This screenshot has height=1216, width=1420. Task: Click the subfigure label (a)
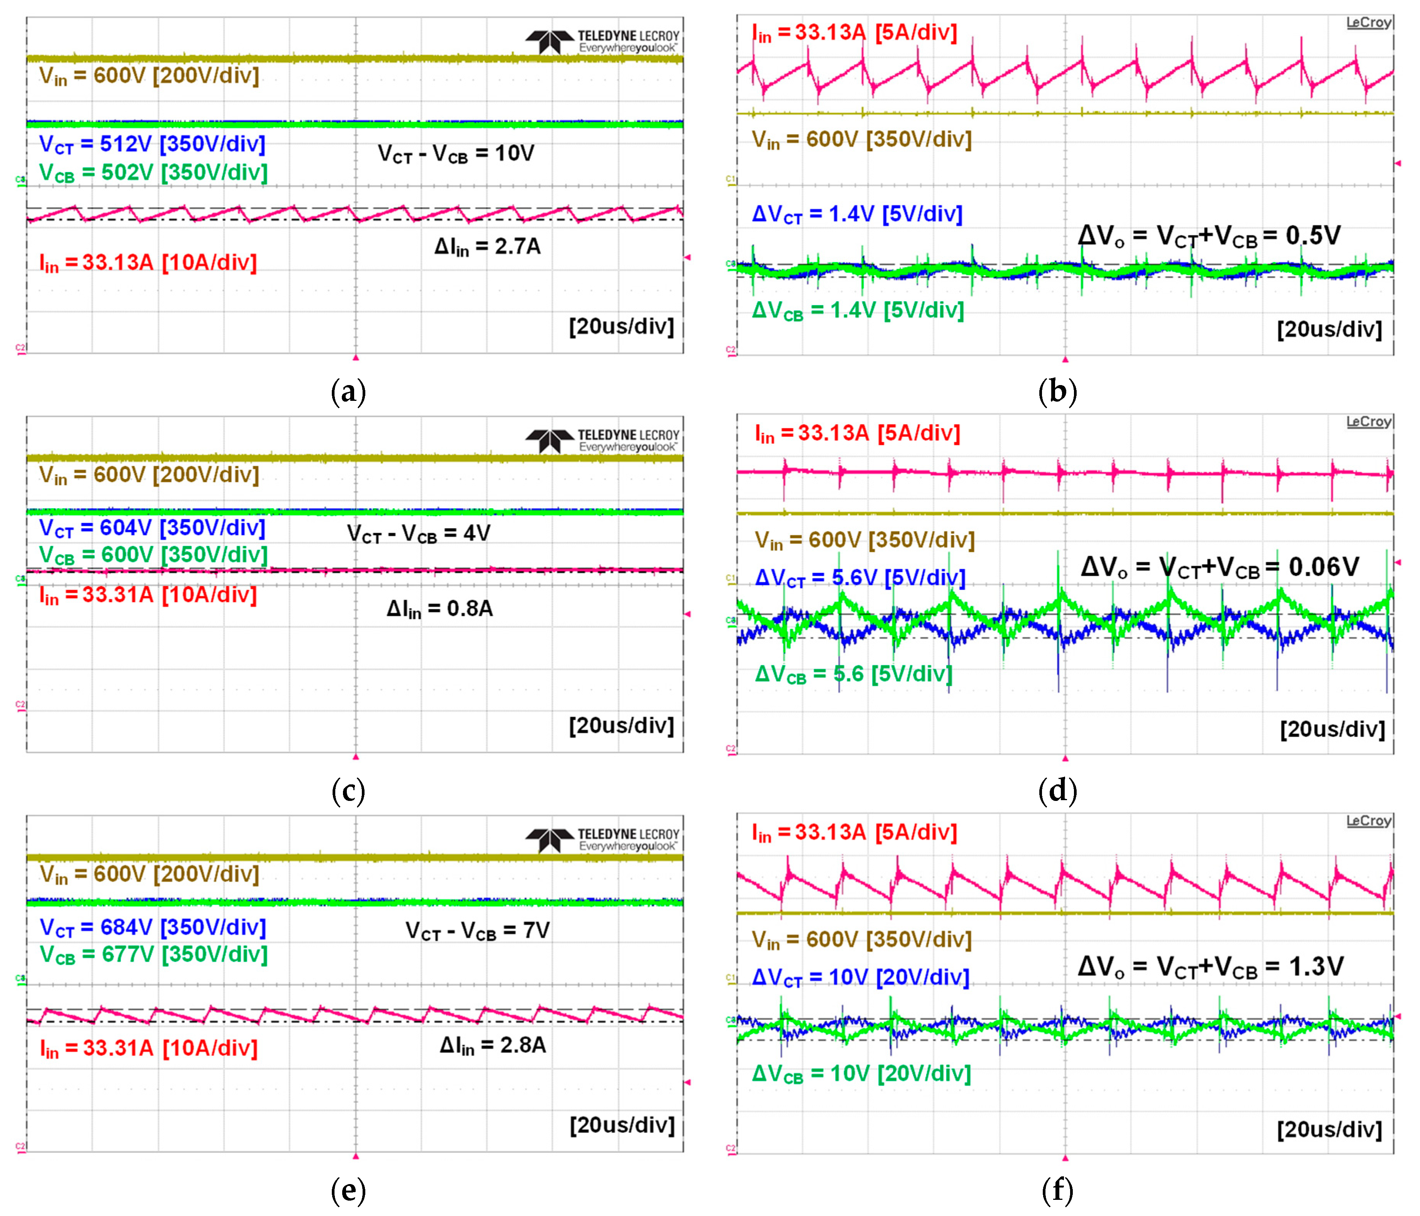pyautogui.click(x=348, y=392)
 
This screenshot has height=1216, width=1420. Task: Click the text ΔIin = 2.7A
pyautogui.click(x=487, y=247)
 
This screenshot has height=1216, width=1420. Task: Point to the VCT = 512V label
pyautogui.click(x=152, y=145)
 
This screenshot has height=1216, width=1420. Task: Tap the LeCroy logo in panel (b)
pyautogui.click(x=1368, y=23)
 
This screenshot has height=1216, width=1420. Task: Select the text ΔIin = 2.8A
pyautogui.click(x=493, y=1046)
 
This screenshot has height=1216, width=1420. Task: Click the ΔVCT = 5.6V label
pyautogui.click(x=860, y=578)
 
